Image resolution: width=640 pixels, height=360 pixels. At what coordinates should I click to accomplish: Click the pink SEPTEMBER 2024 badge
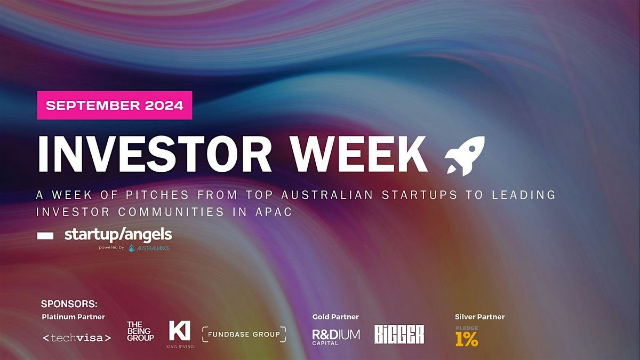(114, 105)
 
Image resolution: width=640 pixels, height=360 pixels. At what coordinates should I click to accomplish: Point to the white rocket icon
(465, 155)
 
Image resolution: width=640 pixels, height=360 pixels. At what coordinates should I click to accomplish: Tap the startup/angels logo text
(118, 234)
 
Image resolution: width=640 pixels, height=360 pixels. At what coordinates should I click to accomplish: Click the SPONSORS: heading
(69, 305)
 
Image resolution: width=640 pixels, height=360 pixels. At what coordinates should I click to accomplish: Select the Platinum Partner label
(73, 317)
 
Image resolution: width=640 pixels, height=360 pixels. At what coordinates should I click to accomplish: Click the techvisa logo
(77, 338)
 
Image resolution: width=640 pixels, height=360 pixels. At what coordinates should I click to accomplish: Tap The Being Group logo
(140, 331)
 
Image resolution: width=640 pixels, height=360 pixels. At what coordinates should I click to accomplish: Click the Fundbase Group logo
(244, 334)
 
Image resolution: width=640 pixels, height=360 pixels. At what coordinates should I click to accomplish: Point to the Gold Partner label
(335, 317)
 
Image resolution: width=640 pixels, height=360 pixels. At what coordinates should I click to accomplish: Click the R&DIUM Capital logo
(335, 337)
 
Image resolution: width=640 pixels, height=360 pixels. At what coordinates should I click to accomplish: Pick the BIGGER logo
(399, 334)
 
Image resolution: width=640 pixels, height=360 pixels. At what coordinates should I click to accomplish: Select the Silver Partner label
(479, 317)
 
